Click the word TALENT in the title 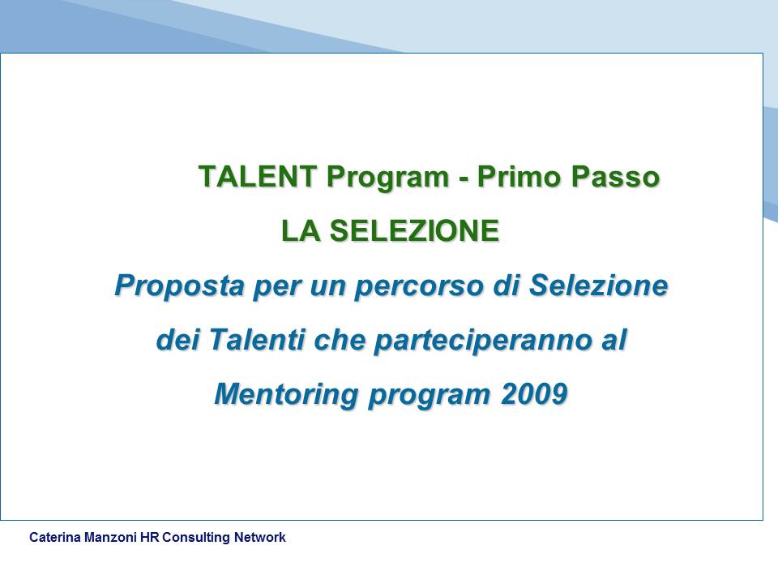(x=258, y=176)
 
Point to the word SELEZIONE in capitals (x=414, y=231)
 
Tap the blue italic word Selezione (x=598, y=285)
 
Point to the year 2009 (x=534, y=394)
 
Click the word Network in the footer (x=260, y=537)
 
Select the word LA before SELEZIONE (x=301, y=231)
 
